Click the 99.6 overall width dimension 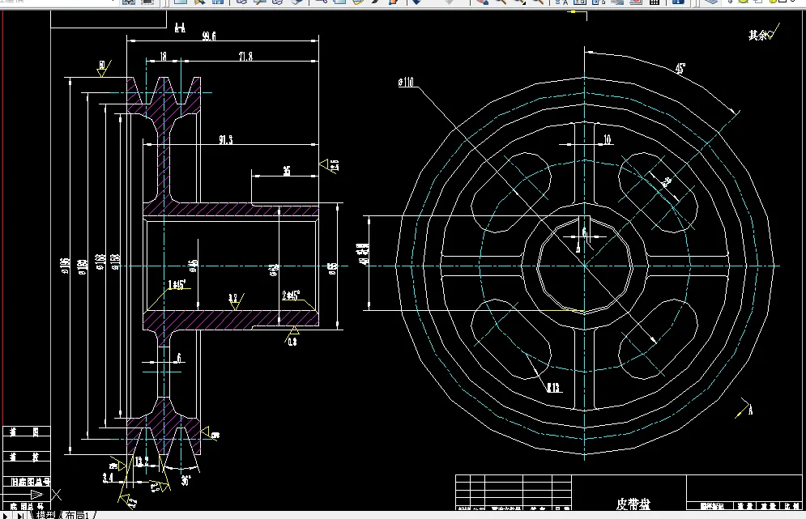pyautogui.click(x=209, y=36)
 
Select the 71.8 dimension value pyautogui.click(x=245, y=56)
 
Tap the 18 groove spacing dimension pyautogui.click(x=163, y=56)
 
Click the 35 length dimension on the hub pyautogui.click(x=286, y=171)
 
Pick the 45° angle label pyautogui.click(x=680, y=70)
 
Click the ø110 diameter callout pyautogui.click(x=406, y=82)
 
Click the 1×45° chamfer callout pyautogui.click(x=177, y=284)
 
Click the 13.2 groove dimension pyautogui.click(x=141, y=462)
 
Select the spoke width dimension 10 pyautogui.click(x=607, y=139)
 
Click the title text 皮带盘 pyautogui.click(x=633, y=504)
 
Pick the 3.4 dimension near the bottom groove pyautogui.click(x=107, y=478)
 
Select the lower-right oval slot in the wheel pyautogui.click(x=656, y=340)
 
